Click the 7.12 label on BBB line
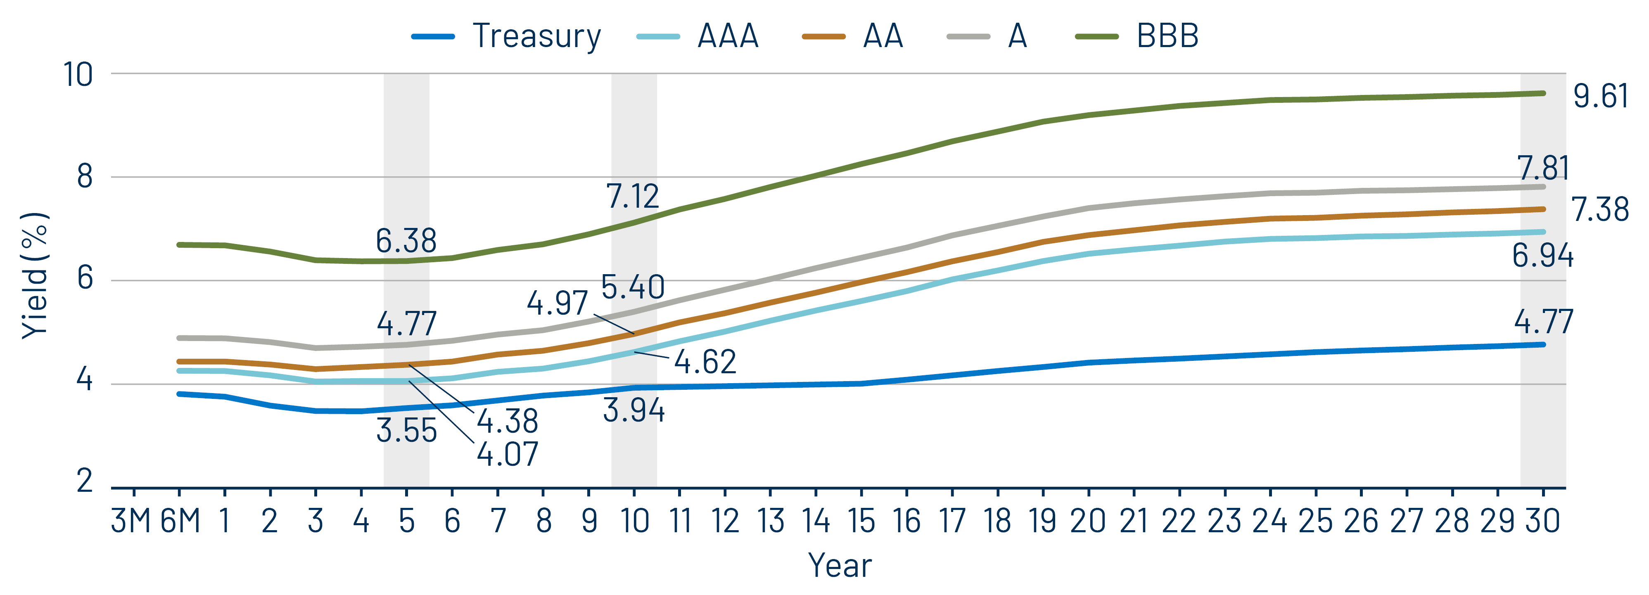click(x=632, y=197)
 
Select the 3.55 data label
click(x=406, y=431)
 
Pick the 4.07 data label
click(x=508, y=454)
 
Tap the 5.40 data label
click(x=632, y=287)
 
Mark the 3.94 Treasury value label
click(x=634, y=410)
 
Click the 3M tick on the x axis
click(x=131, y=521)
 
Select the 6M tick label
click(x=180, y=521)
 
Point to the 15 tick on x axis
click(x=861, y=521)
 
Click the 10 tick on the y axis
click(x=78, y=75)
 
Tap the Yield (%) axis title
click(x=35, y=275)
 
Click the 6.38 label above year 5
click(x=406, y=241)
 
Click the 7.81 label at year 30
click(x=1543, y=169)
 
